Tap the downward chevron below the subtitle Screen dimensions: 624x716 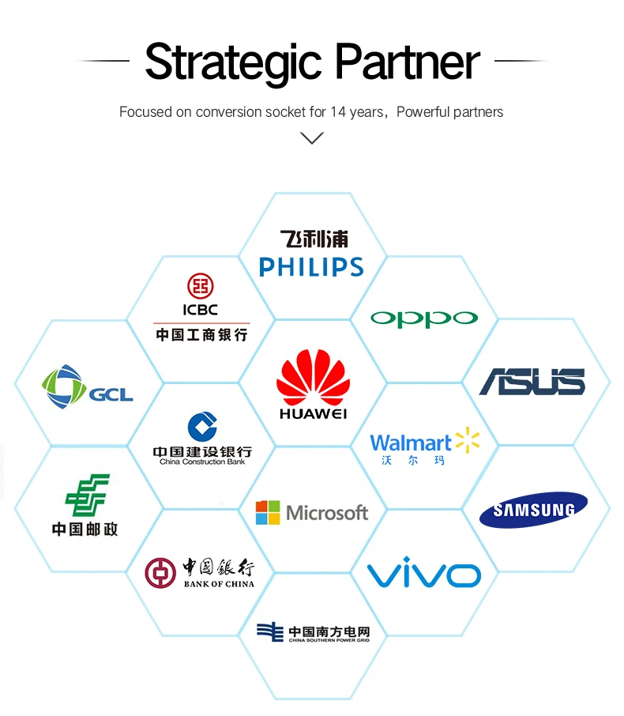point(313,138)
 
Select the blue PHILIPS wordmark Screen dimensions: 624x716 point(311,267)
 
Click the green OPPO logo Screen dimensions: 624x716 point(424,318)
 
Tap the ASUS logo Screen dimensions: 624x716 point(533,382)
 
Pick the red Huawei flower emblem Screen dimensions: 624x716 point(313,376)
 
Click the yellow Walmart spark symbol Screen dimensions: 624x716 point(467,440)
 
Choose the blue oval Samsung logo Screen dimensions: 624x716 point(533,510)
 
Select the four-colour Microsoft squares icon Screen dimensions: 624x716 point(267,512)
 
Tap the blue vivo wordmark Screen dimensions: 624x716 point(424,572)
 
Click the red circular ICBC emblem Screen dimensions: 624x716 point(201,286)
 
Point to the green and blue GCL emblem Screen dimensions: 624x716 point(63,387)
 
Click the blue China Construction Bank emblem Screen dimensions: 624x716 point(201,427)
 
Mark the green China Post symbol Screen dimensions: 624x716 point(87,496)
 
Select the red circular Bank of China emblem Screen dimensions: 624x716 point(160,572)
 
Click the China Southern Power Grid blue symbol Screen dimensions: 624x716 point(270,631)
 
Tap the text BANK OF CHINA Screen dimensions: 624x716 point(219,584)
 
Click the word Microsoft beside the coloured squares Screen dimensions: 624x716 point(327,513)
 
